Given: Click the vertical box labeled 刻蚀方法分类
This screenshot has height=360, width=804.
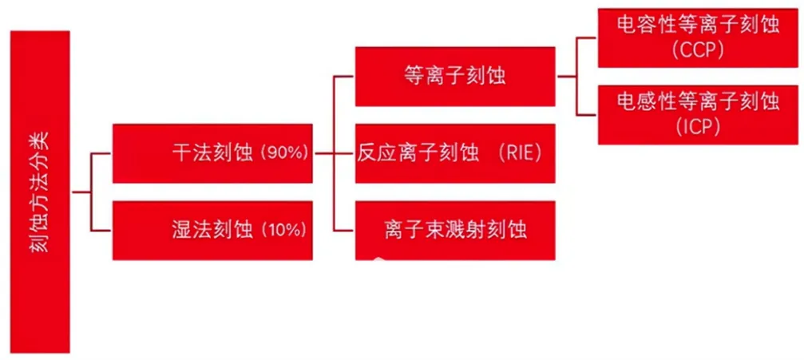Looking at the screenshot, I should (39, 192).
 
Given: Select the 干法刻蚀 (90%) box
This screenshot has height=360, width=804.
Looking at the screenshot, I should (212, 153).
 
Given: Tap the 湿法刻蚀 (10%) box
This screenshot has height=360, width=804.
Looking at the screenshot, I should (212, 230).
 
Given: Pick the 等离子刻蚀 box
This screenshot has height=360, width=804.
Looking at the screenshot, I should (455, 77).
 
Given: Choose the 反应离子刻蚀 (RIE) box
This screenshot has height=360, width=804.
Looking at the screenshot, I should (455, 153).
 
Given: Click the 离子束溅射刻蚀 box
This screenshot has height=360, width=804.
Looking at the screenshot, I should (455, 230).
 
